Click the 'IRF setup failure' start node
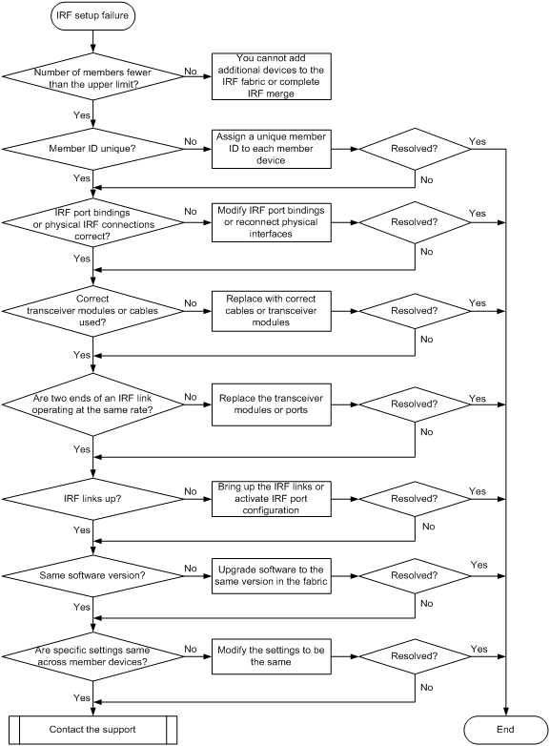point(92,15)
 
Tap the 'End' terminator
point(505,730)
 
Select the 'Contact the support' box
point(92,730)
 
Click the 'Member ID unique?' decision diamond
point(92,149)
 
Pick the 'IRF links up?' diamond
point(92,499)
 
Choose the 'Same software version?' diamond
point(92,575)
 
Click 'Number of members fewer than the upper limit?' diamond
point(92,77)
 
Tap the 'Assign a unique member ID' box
point(272,149)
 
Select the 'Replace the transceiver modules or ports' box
point(272,404)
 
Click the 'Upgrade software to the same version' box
point(272,575)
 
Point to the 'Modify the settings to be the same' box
point(272,656)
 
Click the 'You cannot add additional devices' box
point(272,76)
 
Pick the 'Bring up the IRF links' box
point(272,499)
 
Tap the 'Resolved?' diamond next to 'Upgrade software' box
point(415,575)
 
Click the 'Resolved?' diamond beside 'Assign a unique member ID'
point(415,149)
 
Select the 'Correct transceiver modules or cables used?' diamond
point(92,311)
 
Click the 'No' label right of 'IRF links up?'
point(191,491)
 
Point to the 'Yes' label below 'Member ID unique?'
point(82,178)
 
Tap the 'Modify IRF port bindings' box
point(272,222)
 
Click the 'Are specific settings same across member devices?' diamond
point(92,656)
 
